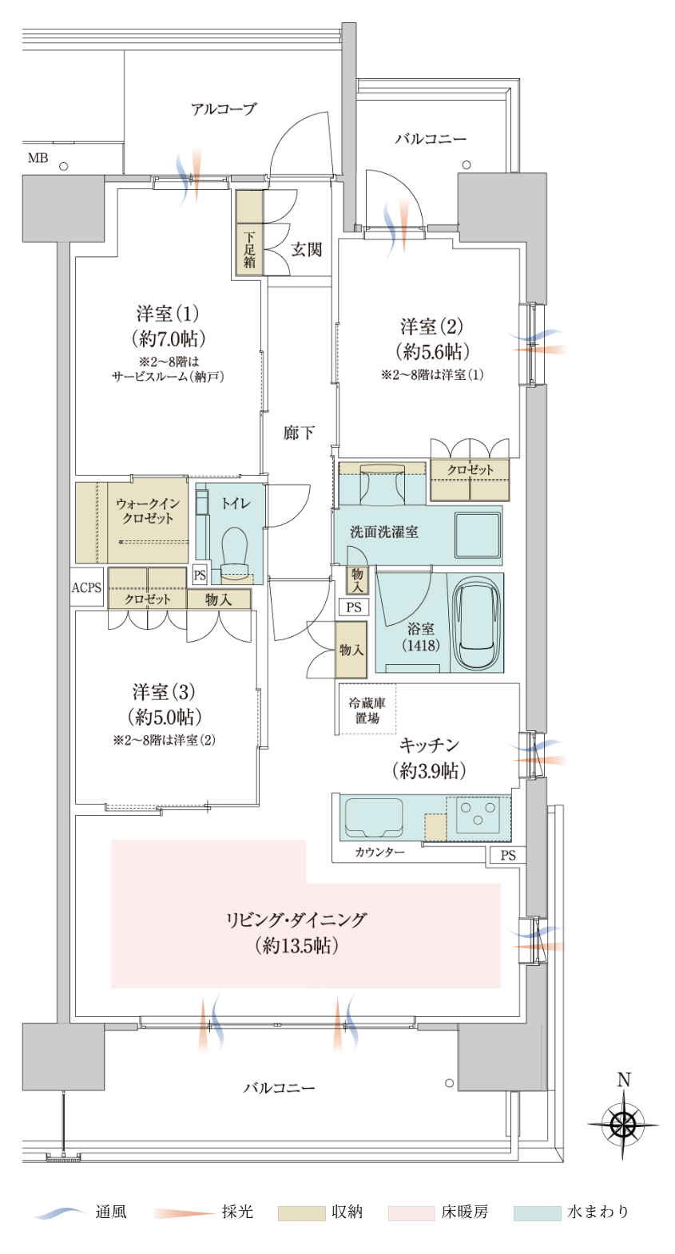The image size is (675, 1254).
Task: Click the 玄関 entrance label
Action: click(307, 249)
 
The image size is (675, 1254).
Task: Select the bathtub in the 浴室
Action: click(476, 623)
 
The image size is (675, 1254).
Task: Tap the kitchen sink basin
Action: click(374, 817)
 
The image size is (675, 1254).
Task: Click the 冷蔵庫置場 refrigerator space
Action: click(367, 710)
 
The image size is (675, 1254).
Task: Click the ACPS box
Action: click(87, 587)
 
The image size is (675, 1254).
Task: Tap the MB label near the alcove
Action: click(38, 158)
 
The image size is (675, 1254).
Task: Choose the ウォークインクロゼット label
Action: click(148, 511)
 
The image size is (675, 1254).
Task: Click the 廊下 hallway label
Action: click(299, 433)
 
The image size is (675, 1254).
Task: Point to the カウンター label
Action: click(379, 852)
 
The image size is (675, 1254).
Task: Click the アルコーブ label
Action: click(224, 109)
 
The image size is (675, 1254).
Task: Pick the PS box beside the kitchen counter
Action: click(508, 855)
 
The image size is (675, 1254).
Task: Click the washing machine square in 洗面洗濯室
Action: click(477, 535)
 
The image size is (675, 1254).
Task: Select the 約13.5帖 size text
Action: click(296, 946)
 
